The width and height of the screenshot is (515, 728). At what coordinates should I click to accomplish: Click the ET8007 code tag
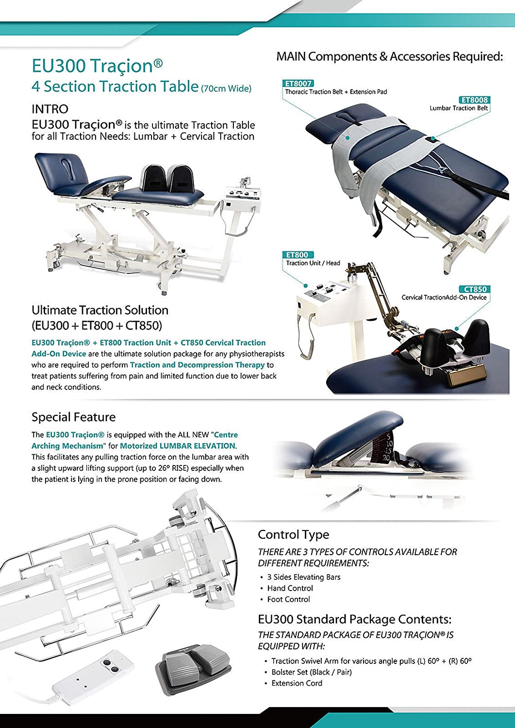coord(299,83)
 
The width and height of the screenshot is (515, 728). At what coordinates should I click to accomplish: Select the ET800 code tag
coord(297,255)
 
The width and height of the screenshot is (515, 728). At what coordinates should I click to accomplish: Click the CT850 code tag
coord(475,289)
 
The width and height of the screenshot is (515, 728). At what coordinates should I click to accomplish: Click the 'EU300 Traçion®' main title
coord(97,66)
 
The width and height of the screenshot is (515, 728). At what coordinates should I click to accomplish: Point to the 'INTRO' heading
coord(50,109)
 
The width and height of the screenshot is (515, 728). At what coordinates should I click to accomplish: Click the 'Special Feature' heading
coord(73,417)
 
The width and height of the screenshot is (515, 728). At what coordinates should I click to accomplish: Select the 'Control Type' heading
coord(293,534)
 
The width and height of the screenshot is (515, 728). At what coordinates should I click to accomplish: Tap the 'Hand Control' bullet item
coord(290,588)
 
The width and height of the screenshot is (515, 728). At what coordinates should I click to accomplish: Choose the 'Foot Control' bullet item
coord(288,599)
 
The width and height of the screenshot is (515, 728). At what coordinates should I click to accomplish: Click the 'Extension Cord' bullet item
coord(297,683)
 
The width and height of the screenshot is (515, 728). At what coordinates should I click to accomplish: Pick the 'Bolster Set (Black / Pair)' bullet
coord(312,672)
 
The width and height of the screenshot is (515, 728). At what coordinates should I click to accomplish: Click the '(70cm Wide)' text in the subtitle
coord(226,88)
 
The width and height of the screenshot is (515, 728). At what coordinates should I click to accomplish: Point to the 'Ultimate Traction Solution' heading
coord(100,310)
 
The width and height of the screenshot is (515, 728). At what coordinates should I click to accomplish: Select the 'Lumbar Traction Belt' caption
coord(459,108)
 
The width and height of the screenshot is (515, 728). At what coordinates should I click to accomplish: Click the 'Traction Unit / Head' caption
coord(313,263)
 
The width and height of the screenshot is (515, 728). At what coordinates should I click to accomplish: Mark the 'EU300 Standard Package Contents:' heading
coord(354,619)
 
